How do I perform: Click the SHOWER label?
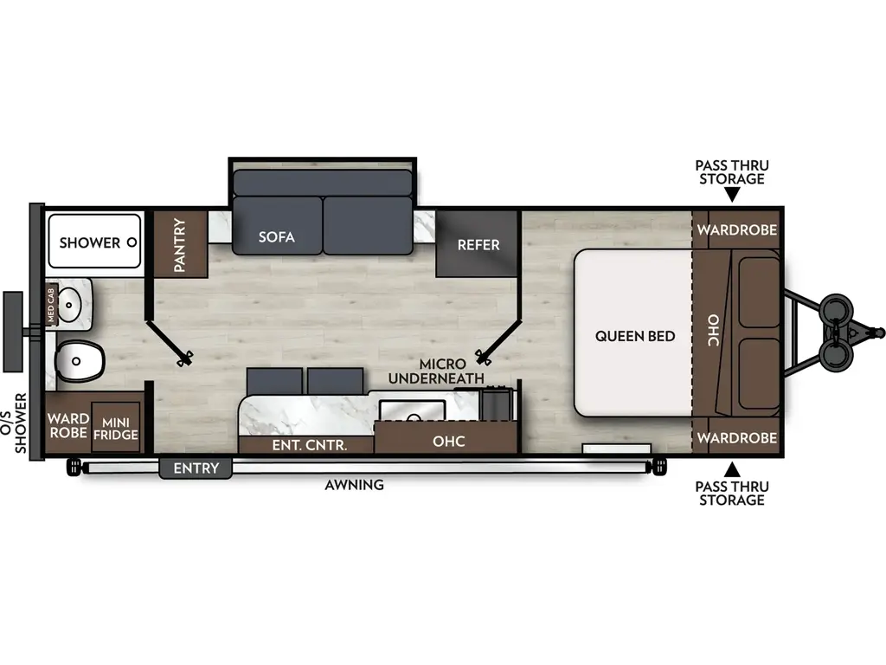(x=89, y=242)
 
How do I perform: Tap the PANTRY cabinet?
(x=182, y=244)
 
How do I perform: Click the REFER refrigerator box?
(x=478, y=244)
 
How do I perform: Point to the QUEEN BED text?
(x=635, y=336)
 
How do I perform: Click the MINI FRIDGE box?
(x=115, y=428)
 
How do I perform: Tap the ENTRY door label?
(x=196, y=468)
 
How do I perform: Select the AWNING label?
(x=354, y=485)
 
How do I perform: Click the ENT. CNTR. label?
(x=309, y=445)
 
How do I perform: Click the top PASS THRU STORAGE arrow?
(x=732, y=197)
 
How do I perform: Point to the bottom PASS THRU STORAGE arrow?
(x=732, y=469)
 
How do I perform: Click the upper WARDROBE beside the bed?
(x=737, y=230)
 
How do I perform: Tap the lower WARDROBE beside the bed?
(x=737, y=438)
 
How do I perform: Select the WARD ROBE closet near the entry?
(x=68, y=425)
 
